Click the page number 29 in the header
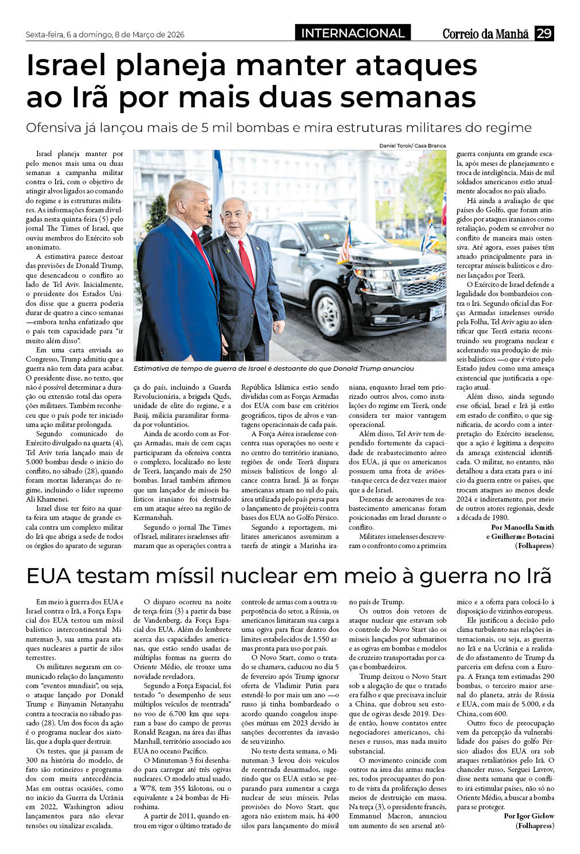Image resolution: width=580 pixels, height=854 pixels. [x=544, y=33]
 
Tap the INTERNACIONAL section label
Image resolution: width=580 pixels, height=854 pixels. [x=353, y=33]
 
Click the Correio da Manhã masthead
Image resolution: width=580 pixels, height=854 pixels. [x=485, y=34]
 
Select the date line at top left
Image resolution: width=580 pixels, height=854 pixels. [x=105, y=34]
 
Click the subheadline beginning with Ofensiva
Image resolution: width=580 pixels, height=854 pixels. [x=279, y=127]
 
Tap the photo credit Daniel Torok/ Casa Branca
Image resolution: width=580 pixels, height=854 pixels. [x=412, y=146]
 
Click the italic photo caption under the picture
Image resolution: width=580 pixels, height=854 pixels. [x=273, y=368]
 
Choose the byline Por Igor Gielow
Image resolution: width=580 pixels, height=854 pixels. [x=529, y=816]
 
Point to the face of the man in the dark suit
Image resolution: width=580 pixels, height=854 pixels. [x=235, y=217]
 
